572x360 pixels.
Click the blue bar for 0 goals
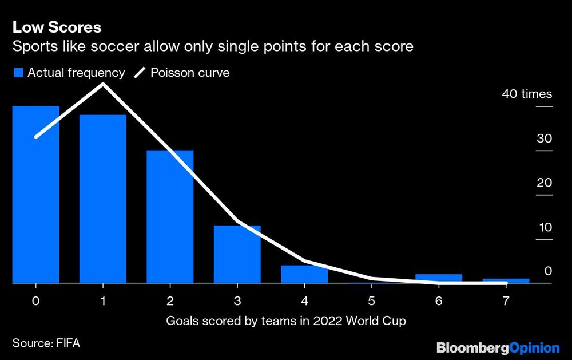coord(35,195)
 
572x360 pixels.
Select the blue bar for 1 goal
coord(102,199)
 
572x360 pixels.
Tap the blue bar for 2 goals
coord(170,217)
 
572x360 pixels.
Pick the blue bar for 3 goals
coord(237,254)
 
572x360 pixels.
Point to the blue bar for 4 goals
coord(304,274)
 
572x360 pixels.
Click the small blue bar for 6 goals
coord(439,279)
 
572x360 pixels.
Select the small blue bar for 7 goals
coord(506,281)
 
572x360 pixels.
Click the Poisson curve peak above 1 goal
coord(103,85)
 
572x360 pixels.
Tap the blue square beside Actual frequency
coord(17,73)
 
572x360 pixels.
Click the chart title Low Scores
coord(57,27)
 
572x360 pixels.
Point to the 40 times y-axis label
coord(527,94)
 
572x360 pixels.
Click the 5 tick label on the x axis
coord(372,300)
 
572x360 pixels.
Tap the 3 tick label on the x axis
coord(237,300)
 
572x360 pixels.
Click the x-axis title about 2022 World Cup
coord(286,321)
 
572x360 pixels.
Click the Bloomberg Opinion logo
coord(498,347)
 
